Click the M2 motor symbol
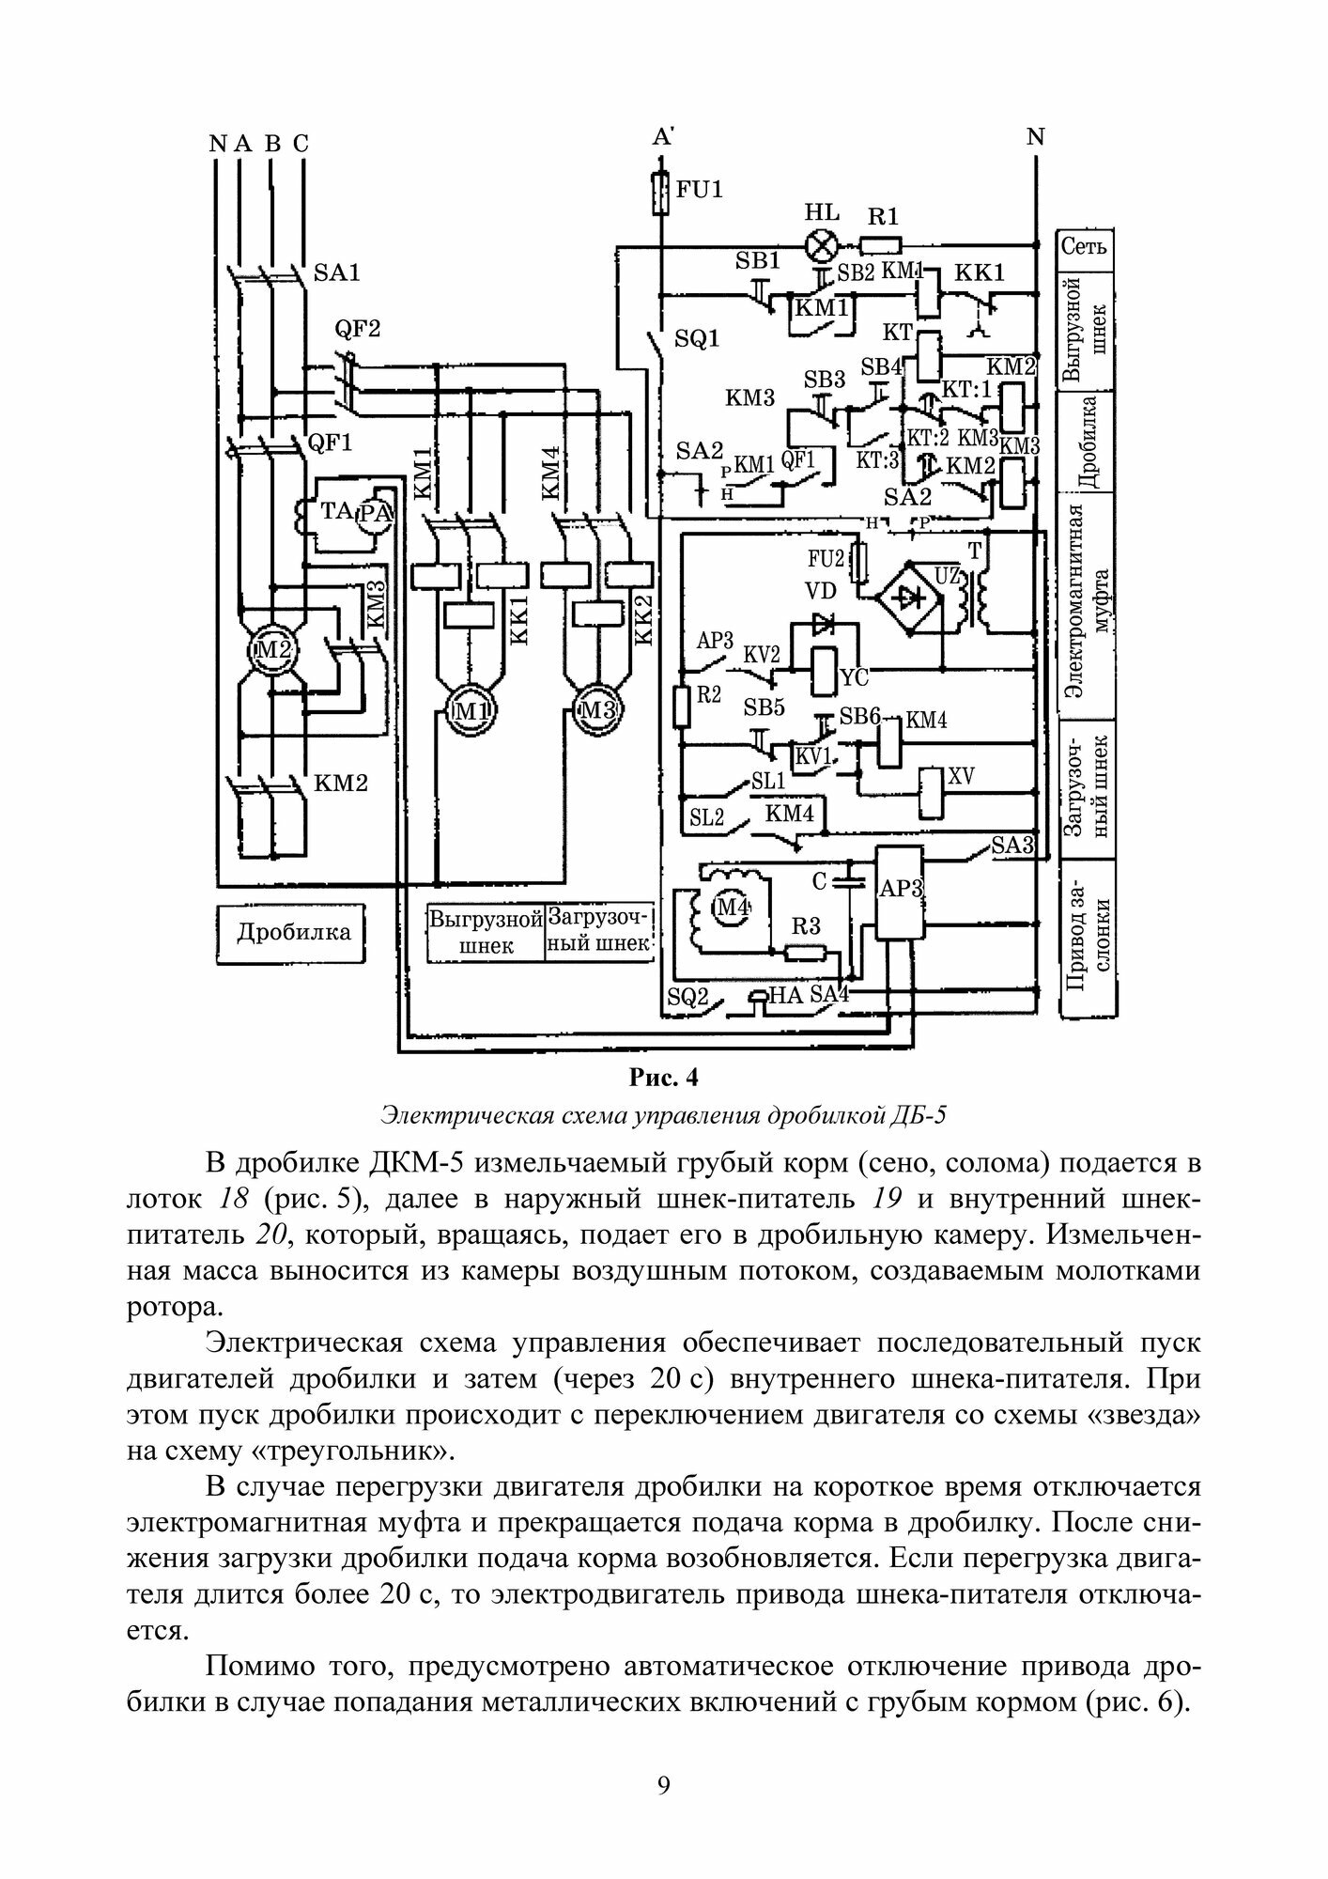click(271, 650)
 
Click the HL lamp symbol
click(823, 247)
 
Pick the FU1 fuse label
click(700, 189)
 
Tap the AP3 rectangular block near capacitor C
click(899, 888)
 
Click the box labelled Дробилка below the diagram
click(293, 932)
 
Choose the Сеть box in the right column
click(1085, 247)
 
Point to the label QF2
click(358, 330)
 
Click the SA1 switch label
click(336, 273)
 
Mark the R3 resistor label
click(806, 927)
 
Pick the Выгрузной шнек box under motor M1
click(486, 932)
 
